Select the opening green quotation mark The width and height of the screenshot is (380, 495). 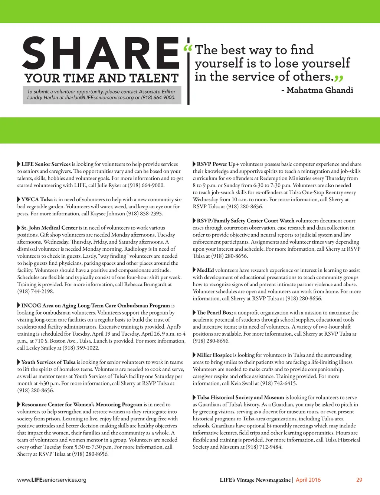click(188, 49)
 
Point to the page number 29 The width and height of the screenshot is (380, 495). click(359, 480)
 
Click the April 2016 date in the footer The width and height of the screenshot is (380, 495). click(308, 480)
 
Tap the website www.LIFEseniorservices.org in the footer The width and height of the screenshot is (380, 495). click(52, 480)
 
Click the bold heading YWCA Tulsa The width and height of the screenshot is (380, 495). click(37, 199)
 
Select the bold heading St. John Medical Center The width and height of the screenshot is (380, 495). click(49, 228)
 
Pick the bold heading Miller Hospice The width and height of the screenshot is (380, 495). click(214, 355)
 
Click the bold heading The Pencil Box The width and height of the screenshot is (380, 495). click(214, 313)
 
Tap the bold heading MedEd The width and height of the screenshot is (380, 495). click(205, 270)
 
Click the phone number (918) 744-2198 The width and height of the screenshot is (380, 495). click(36, 292)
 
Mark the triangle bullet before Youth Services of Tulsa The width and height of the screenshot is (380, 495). click(19, 362)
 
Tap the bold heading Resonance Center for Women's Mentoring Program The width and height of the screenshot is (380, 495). click(82, 404)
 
